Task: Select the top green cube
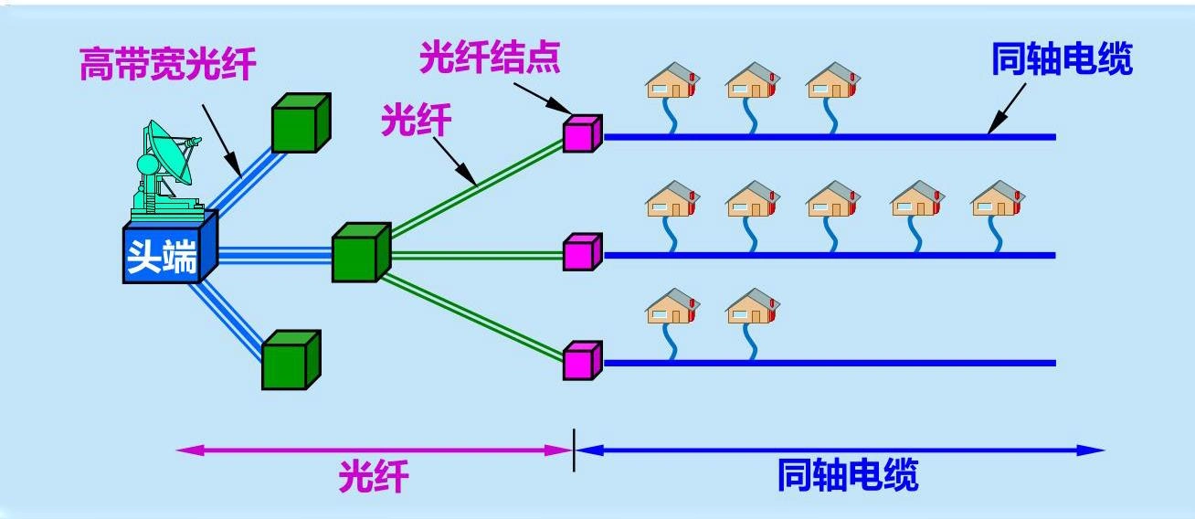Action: [x=300, y=123]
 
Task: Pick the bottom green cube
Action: [x=291, y=360]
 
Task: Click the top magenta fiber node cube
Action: [x=582, y=133]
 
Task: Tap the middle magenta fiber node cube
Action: [x=582, y=252]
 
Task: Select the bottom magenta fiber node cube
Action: [x=582, y=360]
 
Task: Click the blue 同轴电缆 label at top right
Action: [x=1062, y=59]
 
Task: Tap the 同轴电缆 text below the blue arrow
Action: [x=847, y=476]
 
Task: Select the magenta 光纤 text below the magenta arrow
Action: [x=374, y=476]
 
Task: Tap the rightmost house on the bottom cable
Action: [x=752, y=308]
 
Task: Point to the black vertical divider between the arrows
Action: [x=574, y=450]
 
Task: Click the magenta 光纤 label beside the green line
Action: [x=417, y=120]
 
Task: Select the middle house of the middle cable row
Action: [x=832, y=199]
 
